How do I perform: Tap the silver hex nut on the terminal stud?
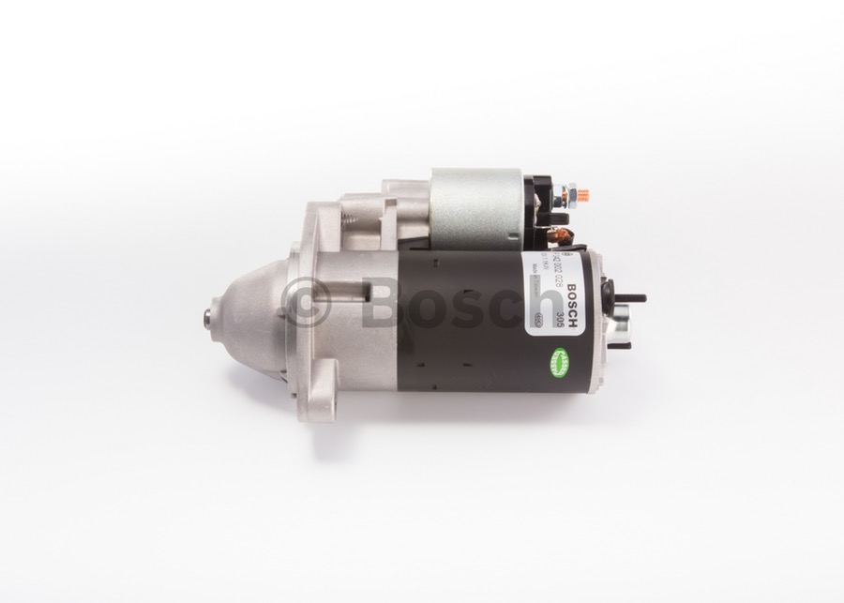pyautogui.click(x=560, y=198)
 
